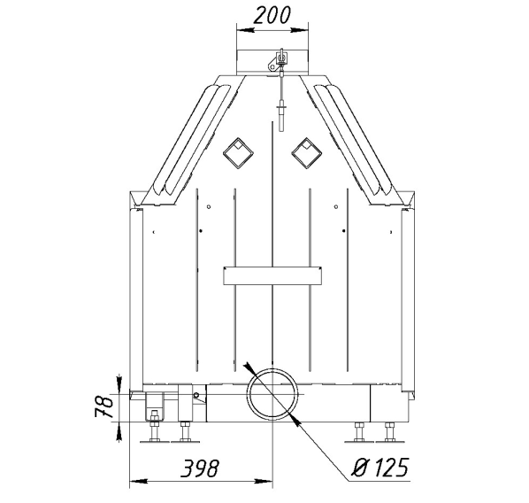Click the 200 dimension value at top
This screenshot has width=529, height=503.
[x=272, y=16]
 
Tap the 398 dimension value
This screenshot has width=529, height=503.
[x=200, y=468]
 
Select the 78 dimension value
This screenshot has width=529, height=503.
[x=103, y=406]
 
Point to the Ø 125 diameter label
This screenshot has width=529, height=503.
[x=380, y=468]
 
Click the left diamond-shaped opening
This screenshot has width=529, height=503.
[x=238, y=153]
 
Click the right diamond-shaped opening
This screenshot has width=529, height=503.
[x=306, y=153]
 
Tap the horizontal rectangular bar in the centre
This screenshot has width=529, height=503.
[x=272, y=275]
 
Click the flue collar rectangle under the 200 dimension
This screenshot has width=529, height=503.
[x=272, y=63]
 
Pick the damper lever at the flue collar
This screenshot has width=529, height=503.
[x=277, y=61]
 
